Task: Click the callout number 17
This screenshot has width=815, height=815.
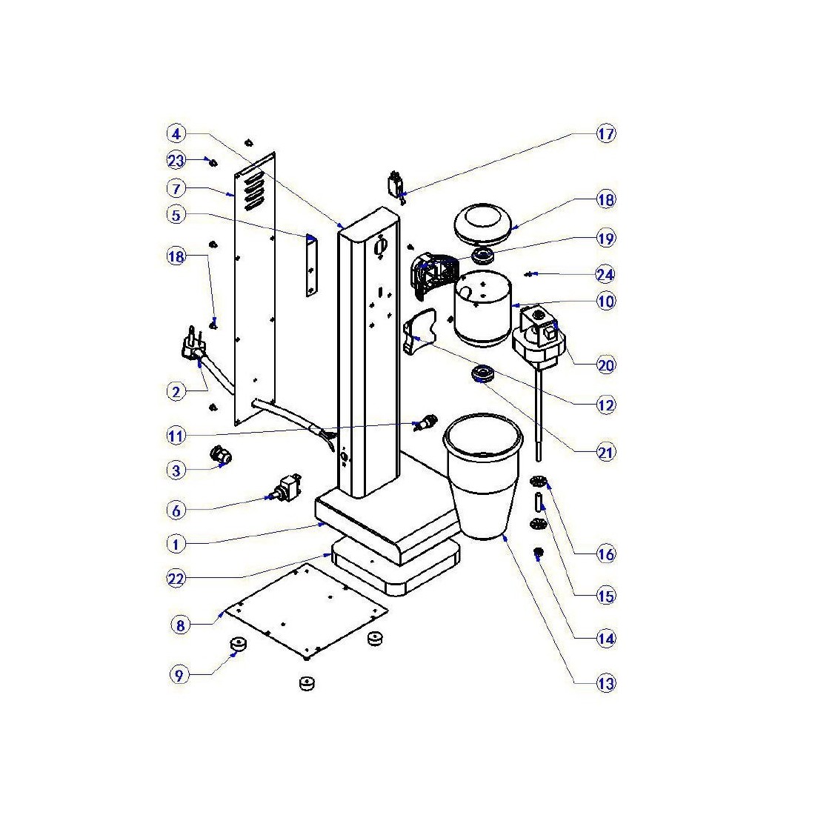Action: [x=606, y=134]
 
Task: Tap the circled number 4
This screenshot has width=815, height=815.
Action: [x=176, y=134]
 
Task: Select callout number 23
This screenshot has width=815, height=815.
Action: [x=176, y=160]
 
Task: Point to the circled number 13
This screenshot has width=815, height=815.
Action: [x=606, y=683]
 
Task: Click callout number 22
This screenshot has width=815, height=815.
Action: [x=176, y=579]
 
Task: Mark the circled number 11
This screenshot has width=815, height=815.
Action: [x=176, y=436]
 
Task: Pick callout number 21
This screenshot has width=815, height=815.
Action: [x=606, y=451]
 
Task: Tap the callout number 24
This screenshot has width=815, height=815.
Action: [x=606, y=275]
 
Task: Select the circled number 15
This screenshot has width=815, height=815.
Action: [x=606, y=596]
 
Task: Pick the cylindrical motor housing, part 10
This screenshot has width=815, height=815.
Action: [x=482, y=307]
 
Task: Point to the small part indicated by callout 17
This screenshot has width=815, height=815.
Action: [x=397, y=183]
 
